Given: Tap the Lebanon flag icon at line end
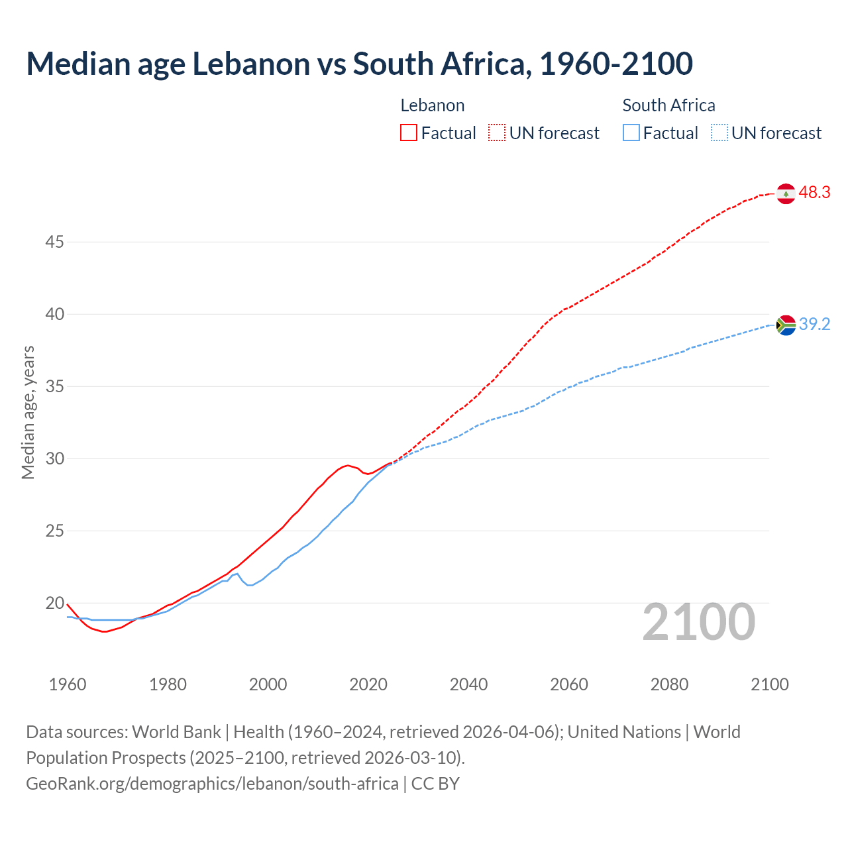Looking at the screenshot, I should [x=786, y=193].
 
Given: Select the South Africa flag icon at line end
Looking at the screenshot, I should [x=786, y=325].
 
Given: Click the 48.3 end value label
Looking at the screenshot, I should [x=814, y=193].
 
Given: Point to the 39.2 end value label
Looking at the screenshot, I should [x=814, y=325].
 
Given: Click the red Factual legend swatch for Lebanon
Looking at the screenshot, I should [x=409, y=133].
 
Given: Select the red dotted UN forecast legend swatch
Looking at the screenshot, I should [x=497, y=133].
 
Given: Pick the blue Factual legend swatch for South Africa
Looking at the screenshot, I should [x=631, y=133].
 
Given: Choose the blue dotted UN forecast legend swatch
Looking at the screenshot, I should [x=719, y=133].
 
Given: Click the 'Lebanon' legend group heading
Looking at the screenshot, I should [x=432, y=105].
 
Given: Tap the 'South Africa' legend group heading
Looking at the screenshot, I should [x=668, y=105].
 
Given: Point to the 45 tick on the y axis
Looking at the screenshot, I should [x=54, y=242].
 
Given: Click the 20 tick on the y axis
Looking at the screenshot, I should [x=54, y=604].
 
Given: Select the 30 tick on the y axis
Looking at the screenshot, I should [x=54, y=459].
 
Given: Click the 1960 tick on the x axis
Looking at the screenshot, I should [x=68, y=684].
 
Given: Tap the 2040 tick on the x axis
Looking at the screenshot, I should [x=468, y=684].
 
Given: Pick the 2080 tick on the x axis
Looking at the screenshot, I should [x=669, y=684].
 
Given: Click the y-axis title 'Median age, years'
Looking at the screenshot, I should [x=28, y=412].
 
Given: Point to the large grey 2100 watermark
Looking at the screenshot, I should [x=698, y=622].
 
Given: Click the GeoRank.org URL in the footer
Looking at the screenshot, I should [x=212, y=784].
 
